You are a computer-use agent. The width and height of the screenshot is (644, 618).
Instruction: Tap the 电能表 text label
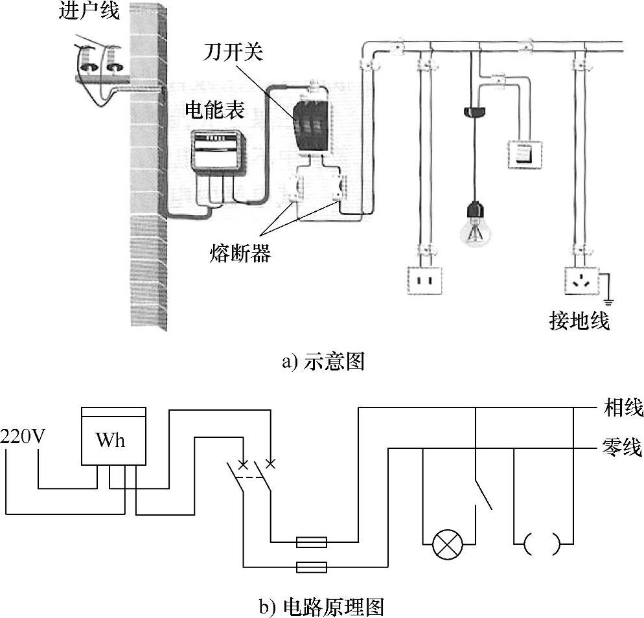coord(215,110)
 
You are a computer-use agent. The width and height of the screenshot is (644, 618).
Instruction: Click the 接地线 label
coord(579,320)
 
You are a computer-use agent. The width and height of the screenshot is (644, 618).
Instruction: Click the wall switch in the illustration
coord(523,154)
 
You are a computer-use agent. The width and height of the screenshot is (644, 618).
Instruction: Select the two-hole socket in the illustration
coord(424,280)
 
